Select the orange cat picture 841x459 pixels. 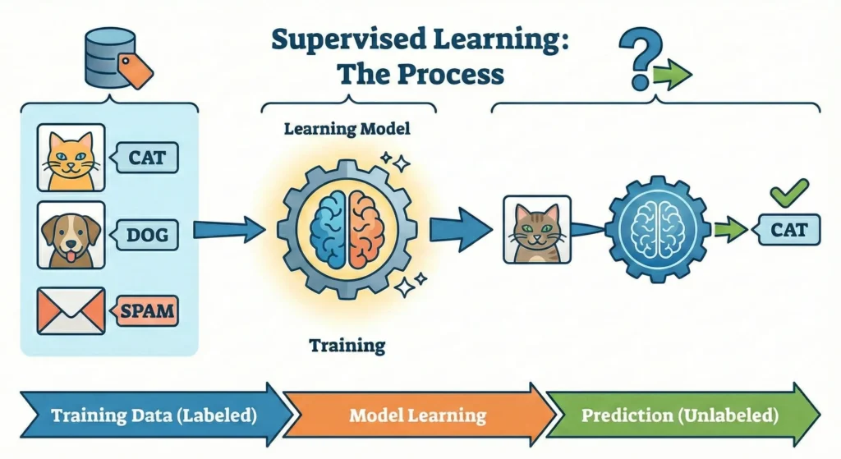click(x=71, y=158)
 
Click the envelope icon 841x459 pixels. click(x=71, y=310)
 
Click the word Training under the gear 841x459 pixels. click(x=347, y=344)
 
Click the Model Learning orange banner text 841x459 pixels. click(x=417, y=414)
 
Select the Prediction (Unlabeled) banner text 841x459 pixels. click(x=679, y=414)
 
